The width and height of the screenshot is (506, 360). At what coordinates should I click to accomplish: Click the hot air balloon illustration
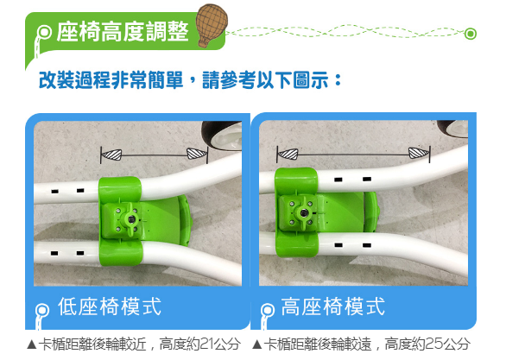[212, 25]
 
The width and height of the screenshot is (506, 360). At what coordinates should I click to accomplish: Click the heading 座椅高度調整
[123, 32]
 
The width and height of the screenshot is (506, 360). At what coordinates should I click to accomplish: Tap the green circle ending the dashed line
[471, 34]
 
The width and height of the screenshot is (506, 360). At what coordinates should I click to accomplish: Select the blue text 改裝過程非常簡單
[111, 80]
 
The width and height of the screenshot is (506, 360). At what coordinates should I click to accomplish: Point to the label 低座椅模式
[110, 306]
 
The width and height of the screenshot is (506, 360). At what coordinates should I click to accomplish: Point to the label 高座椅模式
[332, 306]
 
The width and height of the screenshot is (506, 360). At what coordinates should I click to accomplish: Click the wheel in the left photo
[222, 136]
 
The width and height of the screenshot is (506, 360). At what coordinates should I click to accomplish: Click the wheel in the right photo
[453, 129]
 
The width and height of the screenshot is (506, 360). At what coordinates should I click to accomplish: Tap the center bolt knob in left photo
[131, 219]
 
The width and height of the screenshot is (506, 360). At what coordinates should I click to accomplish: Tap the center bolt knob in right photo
[304, 213]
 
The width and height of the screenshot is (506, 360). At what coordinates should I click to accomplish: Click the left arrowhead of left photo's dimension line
[111, 155]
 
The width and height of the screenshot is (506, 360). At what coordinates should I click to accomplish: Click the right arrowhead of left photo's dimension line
[197, 154]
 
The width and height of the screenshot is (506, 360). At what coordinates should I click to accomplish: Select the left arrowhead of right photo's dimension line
[288, 154]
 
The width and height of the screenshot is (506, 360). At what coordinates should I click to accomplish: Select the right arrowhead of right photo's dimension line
[419, 153]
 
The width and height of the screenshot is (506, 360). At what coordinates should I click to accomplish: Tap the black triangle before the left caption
[32, 344]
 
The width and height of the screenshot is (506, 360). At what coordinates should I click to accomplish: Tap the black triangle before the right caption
[257, 344]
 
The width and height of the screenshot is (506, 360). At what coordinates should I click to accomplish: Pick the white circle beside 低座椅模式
[42, 310]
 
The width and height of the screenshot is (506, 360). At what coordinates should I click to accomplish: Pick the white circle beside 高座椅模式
[268, 310]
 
